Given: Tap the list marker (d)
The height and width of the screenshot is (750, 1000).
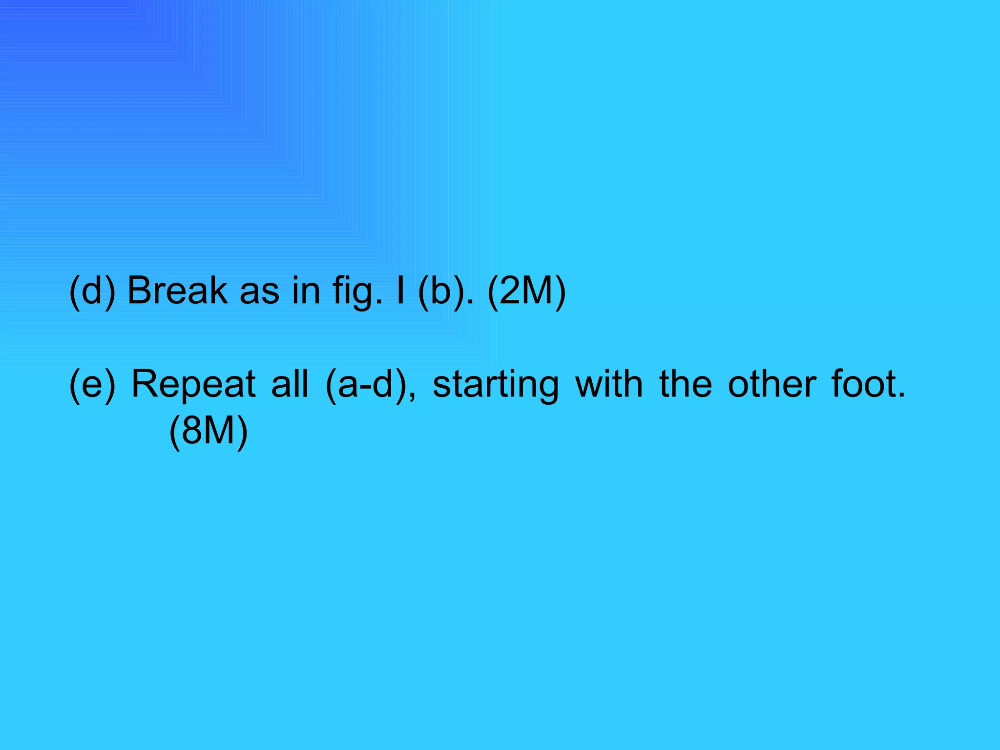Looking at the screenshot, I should [92, 292].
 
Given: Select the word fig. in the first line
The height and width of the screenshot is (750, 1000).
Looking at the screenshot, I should [357, 292].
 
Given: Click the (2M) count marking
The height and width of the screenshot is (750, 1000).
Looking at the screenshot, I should [526, 292].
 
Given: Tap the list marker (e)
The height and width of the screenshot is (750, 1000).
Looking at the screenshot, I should [92, 385].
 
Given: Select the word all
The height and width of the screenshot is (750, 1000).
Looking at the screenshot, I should [290, 384].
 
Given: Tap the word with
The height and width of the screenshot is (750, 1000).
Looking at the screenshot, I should [609, 384].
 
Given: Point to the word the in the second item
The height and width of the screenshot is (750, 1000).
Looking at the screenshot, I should [685, 384].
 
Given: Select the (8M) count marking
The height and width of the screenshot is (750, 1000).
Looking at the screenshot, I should [208, 432].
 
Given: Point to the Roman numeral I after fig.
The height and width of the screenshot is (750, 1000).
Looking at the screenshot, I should [400, 291].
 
